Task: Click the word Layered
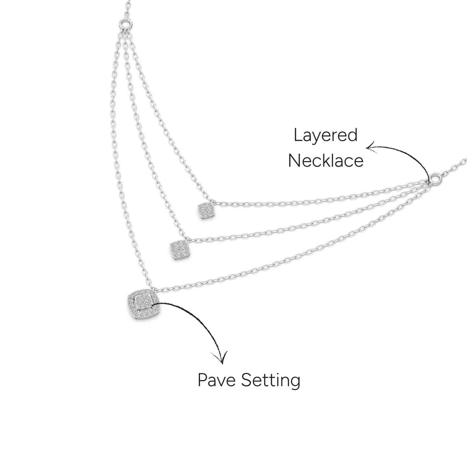[325, 135]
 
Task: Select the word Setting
[271, 381]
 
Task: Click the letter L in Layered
[297, 135]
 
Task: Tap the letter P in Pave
[202, 380]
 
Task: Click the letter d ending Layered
[353, 135]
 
